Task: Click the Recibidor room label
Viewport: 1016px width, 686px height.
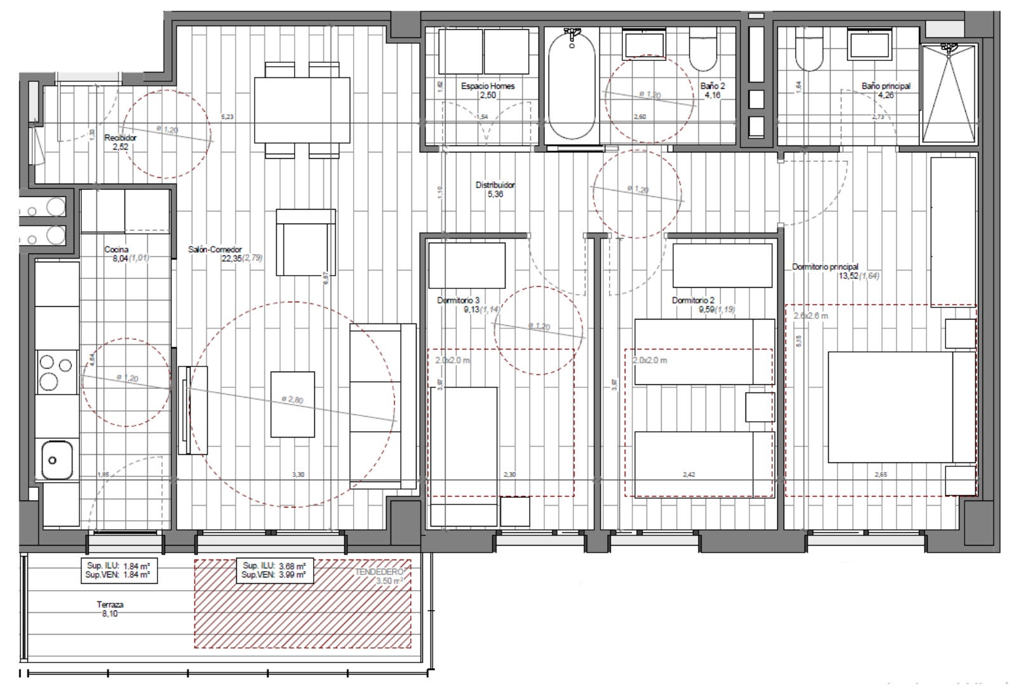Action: click(120, 138)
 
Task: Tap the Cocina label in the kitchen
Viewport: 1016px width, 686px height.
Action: click(116, 250)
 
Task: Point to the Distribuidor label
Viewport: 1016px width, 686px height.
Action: click(495, 185)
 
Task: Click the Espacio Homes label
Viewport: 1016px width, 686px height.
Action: click(488, 86)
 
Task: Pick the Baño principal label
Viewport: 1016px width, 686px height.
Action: click(886, 86)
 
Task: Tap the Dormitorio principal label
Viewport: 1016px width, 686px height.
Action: click(825, 267)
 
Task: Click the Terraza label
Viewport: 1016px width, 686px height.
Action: click(110, 605)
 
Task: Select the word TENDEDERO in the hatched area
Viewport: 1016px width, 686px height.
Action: click(379, 572)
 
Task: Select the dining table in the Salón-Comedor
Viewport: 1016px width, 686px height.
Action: click(302, 110)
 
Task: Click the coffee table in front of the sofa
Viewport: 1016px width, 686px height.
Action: click(292, 404)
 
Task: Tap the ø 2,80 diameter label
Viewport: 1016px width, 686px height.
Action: click(292, 400)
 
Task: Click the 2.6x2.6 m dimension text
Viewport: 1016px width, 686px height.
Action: click(811, 316)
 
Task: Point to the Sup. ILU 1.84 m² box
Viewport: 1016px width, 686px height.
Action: click(119, 570)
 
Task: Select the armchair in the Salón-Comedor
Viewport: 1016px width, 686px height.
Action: click(305, 241)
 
